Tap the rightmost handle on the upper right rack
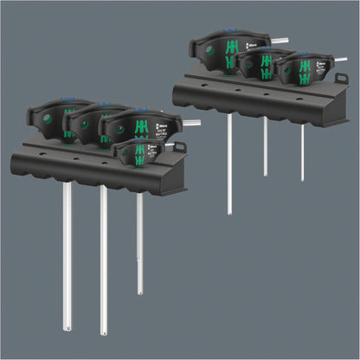(299, 70)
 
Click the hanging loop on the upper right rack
(343, 81)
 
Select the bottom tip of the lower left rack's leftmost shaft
(67, 326)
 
